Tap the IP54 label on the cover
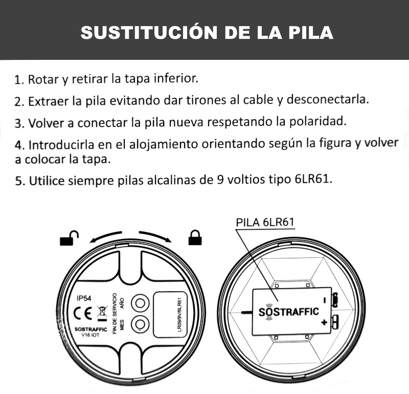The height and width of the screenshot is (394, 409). (83, 298)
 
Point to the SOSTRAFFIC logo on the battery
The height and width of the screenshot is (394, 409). (288, 311)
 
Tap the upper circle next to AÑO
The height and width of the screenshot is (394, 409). (139, 303)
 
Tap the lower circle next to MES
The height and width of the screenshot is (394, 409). (139, 324)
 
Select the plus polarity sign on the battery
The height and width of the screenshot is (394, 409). (324, 323)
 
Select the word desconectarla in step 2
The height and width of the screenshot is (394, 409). (328, 99)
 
